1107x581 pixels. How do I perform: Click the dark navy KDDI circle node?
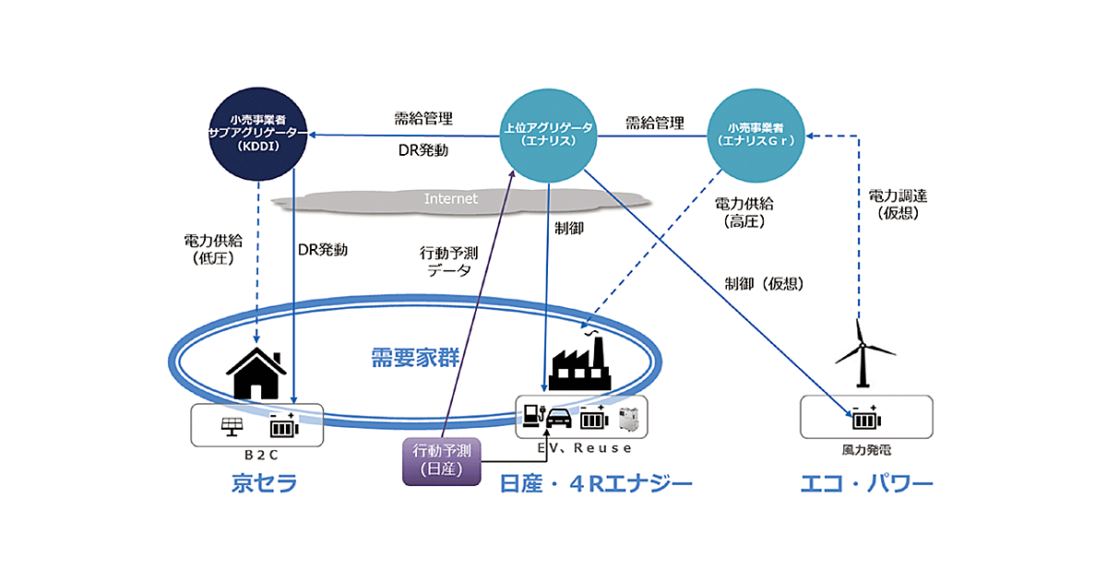(x=258, y=135)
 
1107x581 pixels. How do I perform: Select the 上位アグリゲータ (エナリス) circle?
(x=548, y=135)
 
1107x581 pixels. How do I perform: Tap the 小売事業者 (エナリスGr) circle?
(x=755, y=135)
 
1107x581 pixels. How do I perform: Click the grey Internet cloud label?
(x=451, y=198)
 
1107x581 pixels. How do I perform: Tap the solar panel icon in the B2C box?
(x=232, y=428)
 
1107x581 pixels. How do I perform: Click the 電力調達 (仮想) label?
(x=898, y=205)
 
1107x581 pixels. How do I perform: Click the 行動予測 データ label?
(x=449, y=261)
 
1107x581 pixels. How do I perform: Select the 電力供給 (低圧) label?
(x=213, y=250)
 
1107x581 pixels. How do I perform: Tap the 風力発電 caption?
(x=866, y=451)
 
